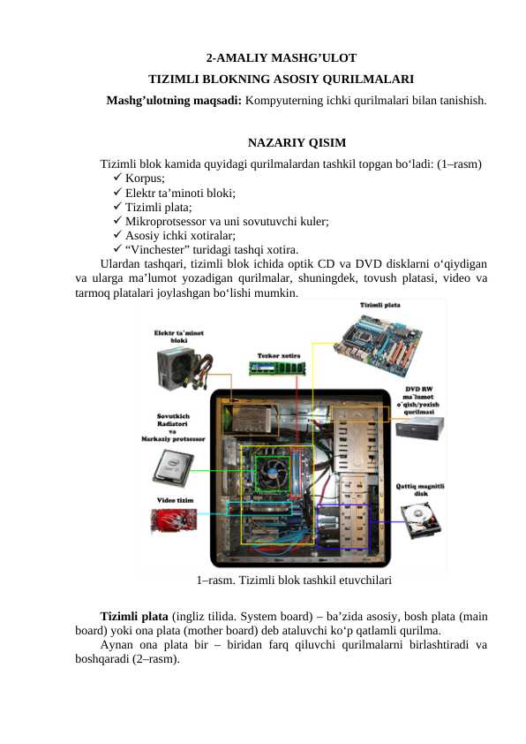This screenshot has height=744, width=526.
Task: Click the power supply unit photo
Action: pos(184,363)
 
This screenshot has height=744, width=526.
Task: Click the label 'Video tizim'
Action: pos(176,500)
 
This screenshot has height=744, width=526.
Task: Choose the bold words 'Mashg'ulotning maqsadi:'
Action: pos(174,101)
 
